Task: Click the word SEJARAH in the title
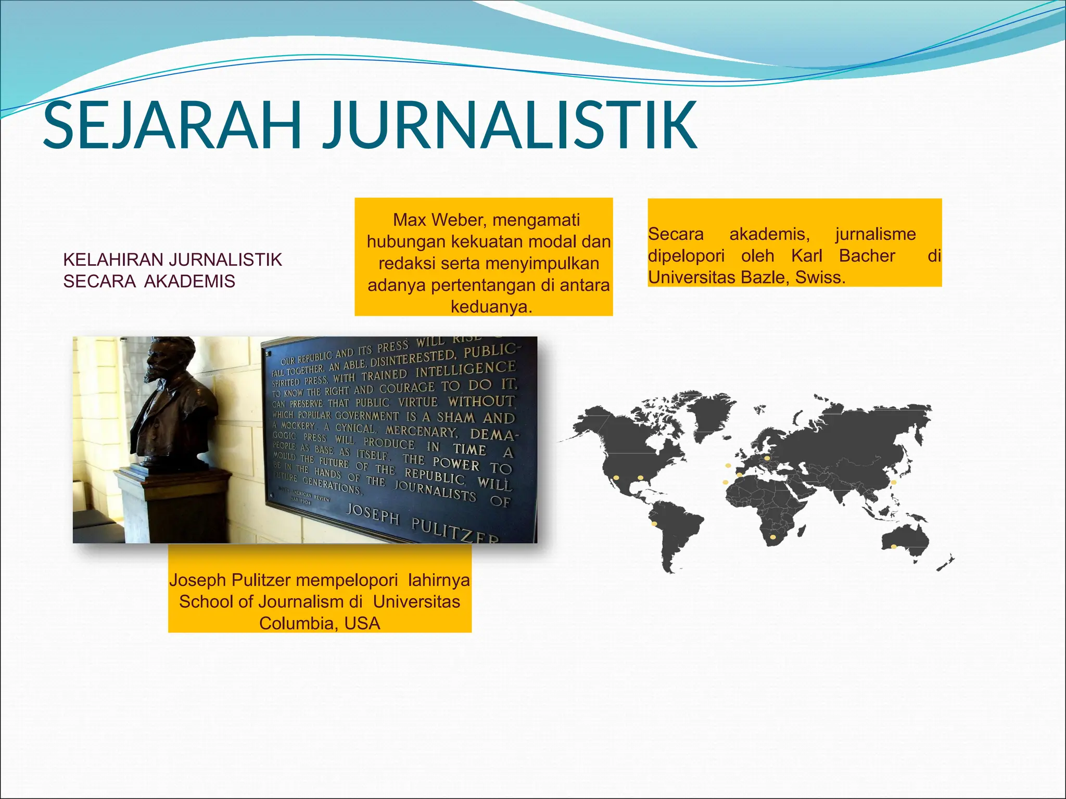pyautogui.click(x=172, y=126)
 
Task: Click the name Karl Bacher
pyautogui.click(x=843, y=256)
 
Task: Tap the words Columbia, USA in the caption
pyautogui.click(x=320, y=623)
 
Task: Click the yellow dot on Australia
pyautogui.click(x=894, y=547)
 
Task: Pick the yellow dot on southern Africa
pyautogui.click(x=772, y=537)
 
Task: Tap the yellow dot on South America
pyautogui.click(x=654, y=523)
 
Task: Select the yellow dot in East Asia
pyautogui.click(x=894, y=482)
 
